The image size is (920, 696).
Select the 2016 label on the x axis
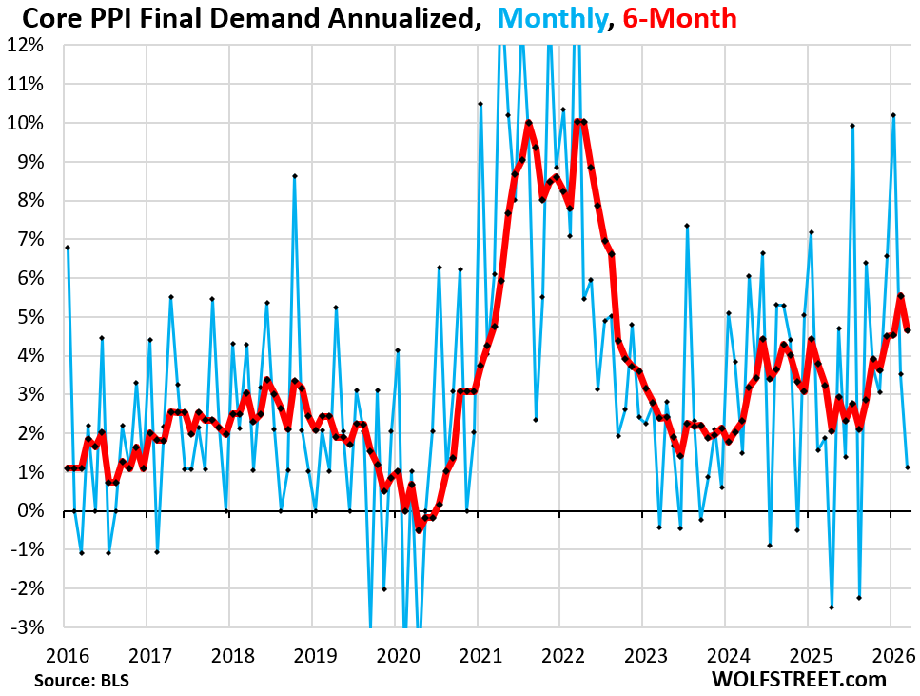pos(66,655)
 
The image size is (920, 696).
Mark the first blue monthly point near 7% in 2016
pos(67,248)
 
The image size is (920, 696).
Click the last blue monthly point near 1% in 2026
pos(908,467)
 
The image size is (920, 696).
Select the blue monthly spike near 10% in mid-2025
pos(852,125)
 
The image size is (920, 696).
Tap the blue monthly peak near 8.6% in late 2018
pos(295,176)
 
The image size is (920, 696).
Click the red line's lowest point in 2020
pos(419,530)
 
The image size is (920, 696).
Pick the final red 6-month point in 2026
pos(908,330)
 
